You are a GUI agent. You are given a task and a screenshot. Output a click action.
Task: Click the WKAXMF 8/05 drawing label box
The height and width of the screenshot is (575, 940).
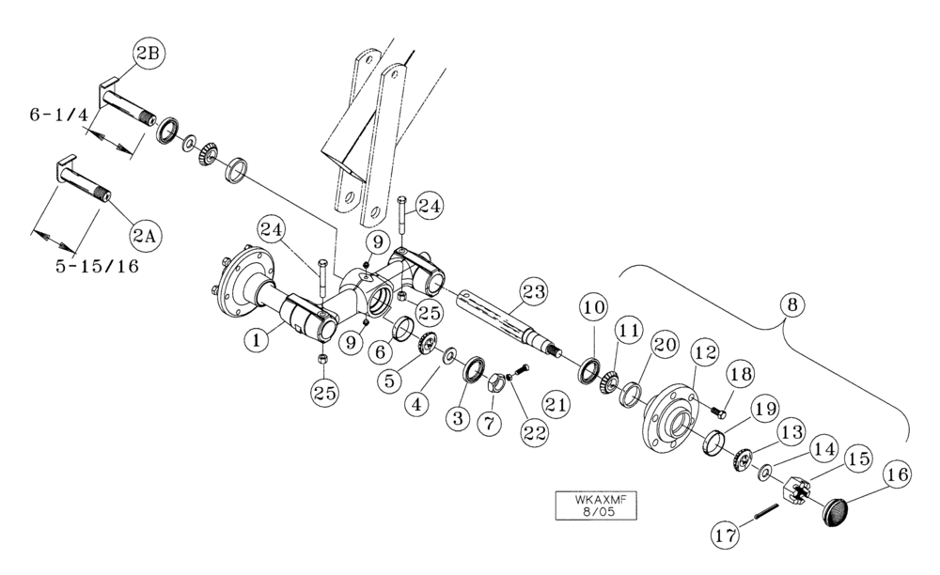pyautogui.click(x=594, y=505)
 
